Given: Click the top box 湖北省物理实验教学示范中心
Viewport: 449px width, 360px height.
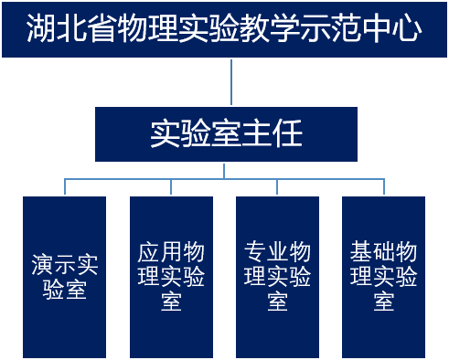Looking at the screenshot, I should pyautogui.click(x=224, y=30).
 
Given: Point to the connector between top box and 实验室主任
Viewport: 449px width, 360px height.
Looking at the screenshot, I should pyautogui.click(x=231, y=82).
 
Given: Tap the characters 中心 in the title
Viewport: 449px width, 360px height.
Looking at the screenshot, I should pyautogui.click(x=396, y=30).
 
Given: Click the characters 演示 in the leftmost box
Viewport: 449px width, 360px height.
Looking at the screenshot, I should pyautogui.click(x=53, y=264).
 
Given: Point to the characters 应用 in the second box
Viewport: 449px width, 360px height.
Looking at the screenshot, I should pyautogui.click(x=160, y=251).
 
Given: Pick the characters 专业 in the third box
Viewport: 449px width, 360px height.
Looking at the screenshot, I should pyautogui.click(x=266, y=251).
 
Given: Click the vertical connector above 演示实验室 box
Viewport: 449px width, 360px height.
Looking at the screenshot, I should pyautogui.click(x=65, y=186).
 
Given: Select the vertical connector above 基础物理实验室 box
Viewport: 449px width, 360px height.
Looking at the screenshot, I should pyautogui.click(x=384, y=186).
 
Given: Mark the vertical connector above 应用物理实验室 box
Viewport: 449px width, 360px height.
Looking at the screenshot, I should pyautogui.click(x=171, y=186).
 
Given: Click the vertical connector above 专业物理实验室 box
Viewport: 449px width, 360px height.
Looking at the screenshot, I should pyautogui.click(x=278, y=186).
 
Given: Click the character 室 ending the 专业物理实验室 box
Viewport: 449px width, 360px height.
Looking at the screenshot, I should pyautogui.click(x=278, y=301).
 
